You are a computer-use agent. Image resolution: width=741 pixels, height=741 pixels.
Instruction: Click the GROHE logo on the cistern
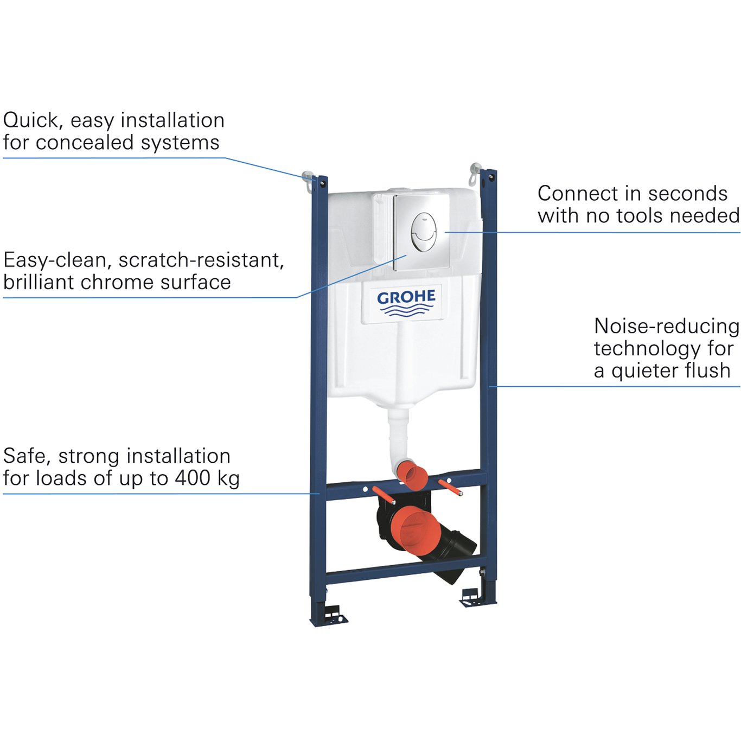[406, 303]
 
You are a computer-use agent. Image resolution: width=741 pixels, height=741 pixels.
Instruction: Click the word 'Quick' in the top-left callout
[31, 120]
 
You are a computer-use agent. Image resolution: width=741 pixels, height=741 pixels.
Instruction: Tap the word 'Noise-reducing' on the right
[667, 326]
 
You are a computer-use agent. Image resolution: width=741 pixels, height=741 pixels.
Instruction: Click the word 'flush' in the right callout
[704, 371]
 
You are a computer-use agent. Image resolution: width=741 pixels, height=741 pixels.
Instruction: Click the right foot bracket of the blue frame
[472, 596]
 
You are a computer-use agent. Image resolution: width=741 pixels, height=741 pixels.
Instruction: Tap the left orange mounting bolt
[383, 495]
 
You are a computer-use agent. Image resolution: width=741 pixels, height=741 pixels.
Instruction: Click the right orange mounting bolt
[450, 487]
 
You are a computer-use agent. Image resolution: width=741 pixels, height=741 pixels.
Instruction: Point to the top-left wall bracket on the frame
[309, 180]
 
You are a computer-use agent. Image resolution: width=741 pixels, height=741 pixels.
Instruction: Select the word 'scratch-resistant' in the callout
[201, 260]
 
